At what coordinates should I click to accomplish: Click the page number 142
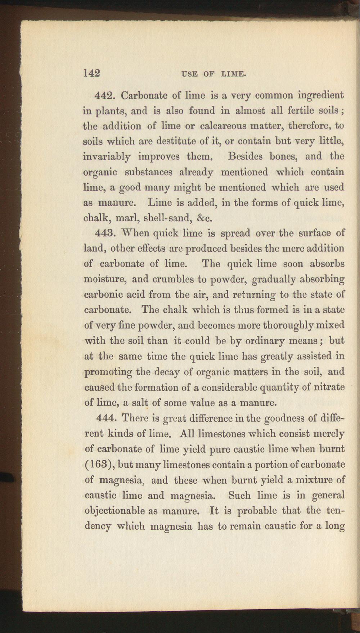click(x=91, y=73)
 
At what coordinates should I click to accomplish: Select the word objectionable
click(x=113, y=511)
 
